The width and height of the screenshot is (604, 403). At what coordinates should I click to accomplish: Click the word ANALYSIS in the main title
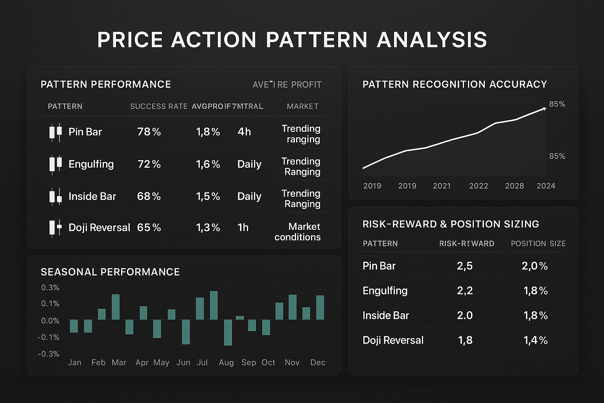point(432,40)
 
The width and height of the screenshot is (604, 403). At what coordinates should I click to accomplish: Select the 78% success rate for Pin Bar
point(149,132)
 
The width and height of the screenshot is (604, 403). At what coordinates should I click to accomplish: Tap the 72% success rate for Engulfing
point(149,164)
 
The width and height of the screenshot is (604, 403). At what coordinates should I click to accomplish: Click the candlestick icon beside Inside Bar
point(55,196)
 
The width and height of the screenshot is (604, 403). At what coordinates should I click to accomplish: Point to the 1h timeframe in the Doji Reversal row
point(243,227)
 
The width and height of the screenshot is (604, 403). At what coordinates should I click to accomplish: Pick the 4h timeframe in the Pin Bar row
point(244,132)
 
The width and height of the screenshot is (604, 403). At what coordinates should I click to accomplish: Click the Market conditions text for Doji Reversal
point(298,232)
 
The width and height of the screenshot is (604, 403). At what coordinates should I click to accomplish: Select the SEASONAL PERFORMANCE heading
point(110,272)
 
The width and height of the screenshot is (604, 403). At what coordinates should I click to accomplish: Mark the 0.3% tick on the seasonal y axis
point(50,288)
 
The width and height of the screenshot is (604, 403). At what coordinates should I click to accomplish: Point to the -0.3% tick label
point(48,354)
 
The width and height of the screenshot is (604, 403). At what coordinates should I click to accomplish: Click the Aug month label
point(226,362)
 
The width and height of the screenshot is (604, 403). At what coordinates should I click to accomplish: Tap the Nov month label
point(292,362)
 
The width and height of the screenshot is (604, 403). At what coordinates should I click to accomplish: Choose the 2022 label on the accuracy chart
point(479,186)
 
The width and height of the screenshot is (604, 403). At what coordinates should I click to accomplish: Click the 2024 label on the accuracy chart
point(546,186)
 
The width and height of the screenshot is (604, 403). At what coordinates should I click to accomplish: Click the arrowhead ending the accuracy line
point(544,108)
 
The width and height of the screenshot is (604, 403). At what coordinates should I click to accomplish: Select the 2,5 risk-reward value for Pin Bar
point(465,266)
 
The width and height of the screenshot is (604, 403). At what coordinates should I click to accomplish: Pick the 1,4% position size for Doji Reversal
point(536,340)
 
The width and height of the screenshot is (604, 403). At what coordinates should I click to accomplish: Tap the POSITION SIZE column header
point(538,244)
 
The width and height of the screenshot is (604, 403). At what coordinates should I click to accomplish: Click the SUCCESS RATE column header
point(158,106)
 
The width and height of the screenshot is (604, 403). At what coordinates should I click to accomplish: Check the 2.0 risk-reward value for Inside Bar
point(465,316)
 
